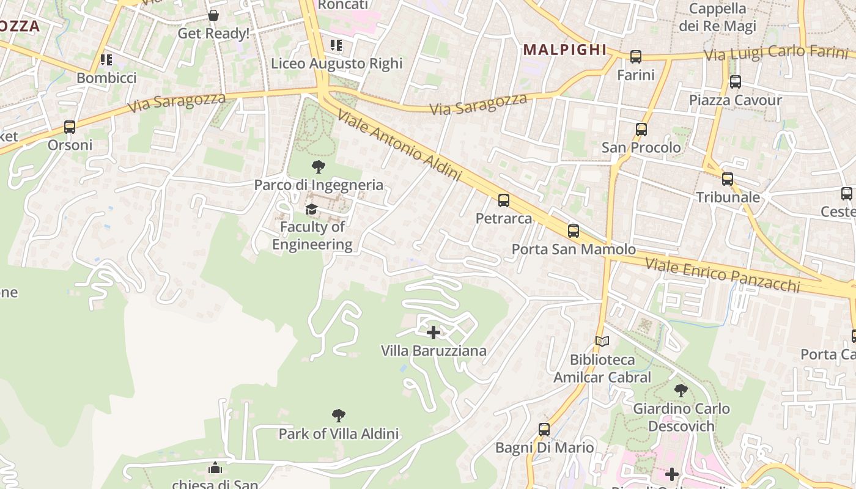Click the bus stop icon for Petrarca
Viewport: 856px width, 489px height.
click(x=504, y=200)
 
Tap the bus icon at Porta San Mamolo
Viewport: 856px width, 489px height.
click(x=574, y=230)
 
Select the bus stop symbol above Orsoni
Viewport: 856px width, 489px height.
click(x=70, y=127)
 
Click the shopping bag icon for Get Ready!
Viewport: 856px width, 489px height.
click(x=213, y=15)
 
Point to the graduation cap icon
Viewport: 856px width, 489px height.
click(x=312, y=210)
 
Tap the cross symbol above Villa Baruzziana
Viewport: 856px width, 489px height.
click(x=434, y=333)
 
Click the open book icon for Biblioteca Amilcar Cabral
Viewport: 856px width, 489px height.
click(x=602, y=341)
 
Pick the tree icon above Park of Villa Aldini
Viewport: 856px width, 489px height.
click(x=339, y=416)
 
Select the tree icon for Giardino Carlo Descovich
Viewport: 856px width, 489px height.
click(x=681, y=390)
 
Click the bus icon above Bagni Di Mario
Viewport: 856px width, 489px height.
click(x=544, y=429)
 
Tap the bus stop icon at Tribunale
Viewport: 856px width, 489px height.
click(x=728, y=179)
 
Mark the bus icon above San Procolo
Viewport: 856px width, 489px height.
click(x=641, y=130)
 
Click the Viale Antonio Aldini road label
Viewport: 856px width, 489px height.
click(x=398, y=145)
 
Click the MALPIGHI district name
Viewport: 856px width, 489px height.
click(x=565, y=50)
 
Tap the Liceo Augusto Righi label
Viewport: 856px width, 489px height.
click(x=337, y=64)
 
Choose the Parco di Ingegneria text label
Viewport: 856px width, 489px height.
click(x=319, y=185)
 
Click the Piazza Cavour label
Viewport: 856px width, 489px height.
click(x=736, y=100)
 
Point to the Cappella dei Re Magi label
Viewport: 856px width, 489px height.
click(x=717, y=18)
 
